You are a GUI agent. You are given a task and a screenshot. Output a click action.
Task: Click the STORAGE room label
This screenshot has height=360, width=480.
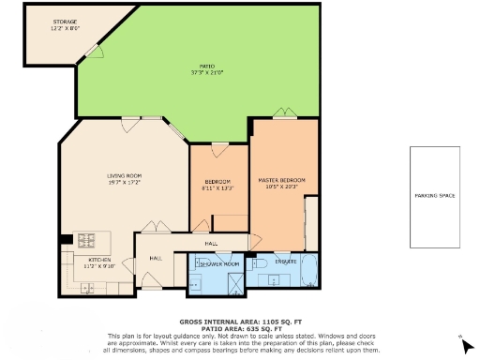64,21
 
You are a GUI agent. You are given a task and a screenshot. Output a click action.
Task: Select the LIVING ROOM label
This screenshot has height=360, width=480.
123,175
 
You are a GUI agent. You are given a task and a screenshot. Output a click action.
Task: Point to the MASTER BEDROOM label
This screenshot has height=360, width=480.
281,180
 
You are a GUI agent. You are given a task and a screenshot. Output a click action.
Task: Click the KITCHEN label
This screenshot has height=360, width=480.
99,260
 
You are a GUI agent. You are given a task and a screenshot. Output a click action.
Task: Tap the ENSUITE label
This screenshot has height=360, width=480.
286,261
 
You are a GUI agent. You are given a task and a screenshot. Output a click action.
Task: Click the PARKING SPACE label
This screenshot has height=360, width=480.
434,196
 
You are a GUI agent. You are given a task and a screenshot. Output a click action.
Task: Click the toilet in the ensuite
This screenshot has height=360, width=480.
265,267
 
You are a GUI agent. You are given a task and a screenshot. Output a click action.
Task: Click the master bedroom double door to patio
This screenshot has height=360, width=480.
284,115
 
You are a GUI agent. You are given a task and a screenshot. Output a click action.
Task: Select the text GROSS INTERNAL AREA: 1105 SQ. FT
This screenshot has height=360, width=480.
239,320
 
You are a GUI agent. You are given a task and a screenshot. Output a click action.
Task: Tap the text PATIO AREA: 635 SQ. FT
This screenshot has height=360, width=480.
239,327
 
